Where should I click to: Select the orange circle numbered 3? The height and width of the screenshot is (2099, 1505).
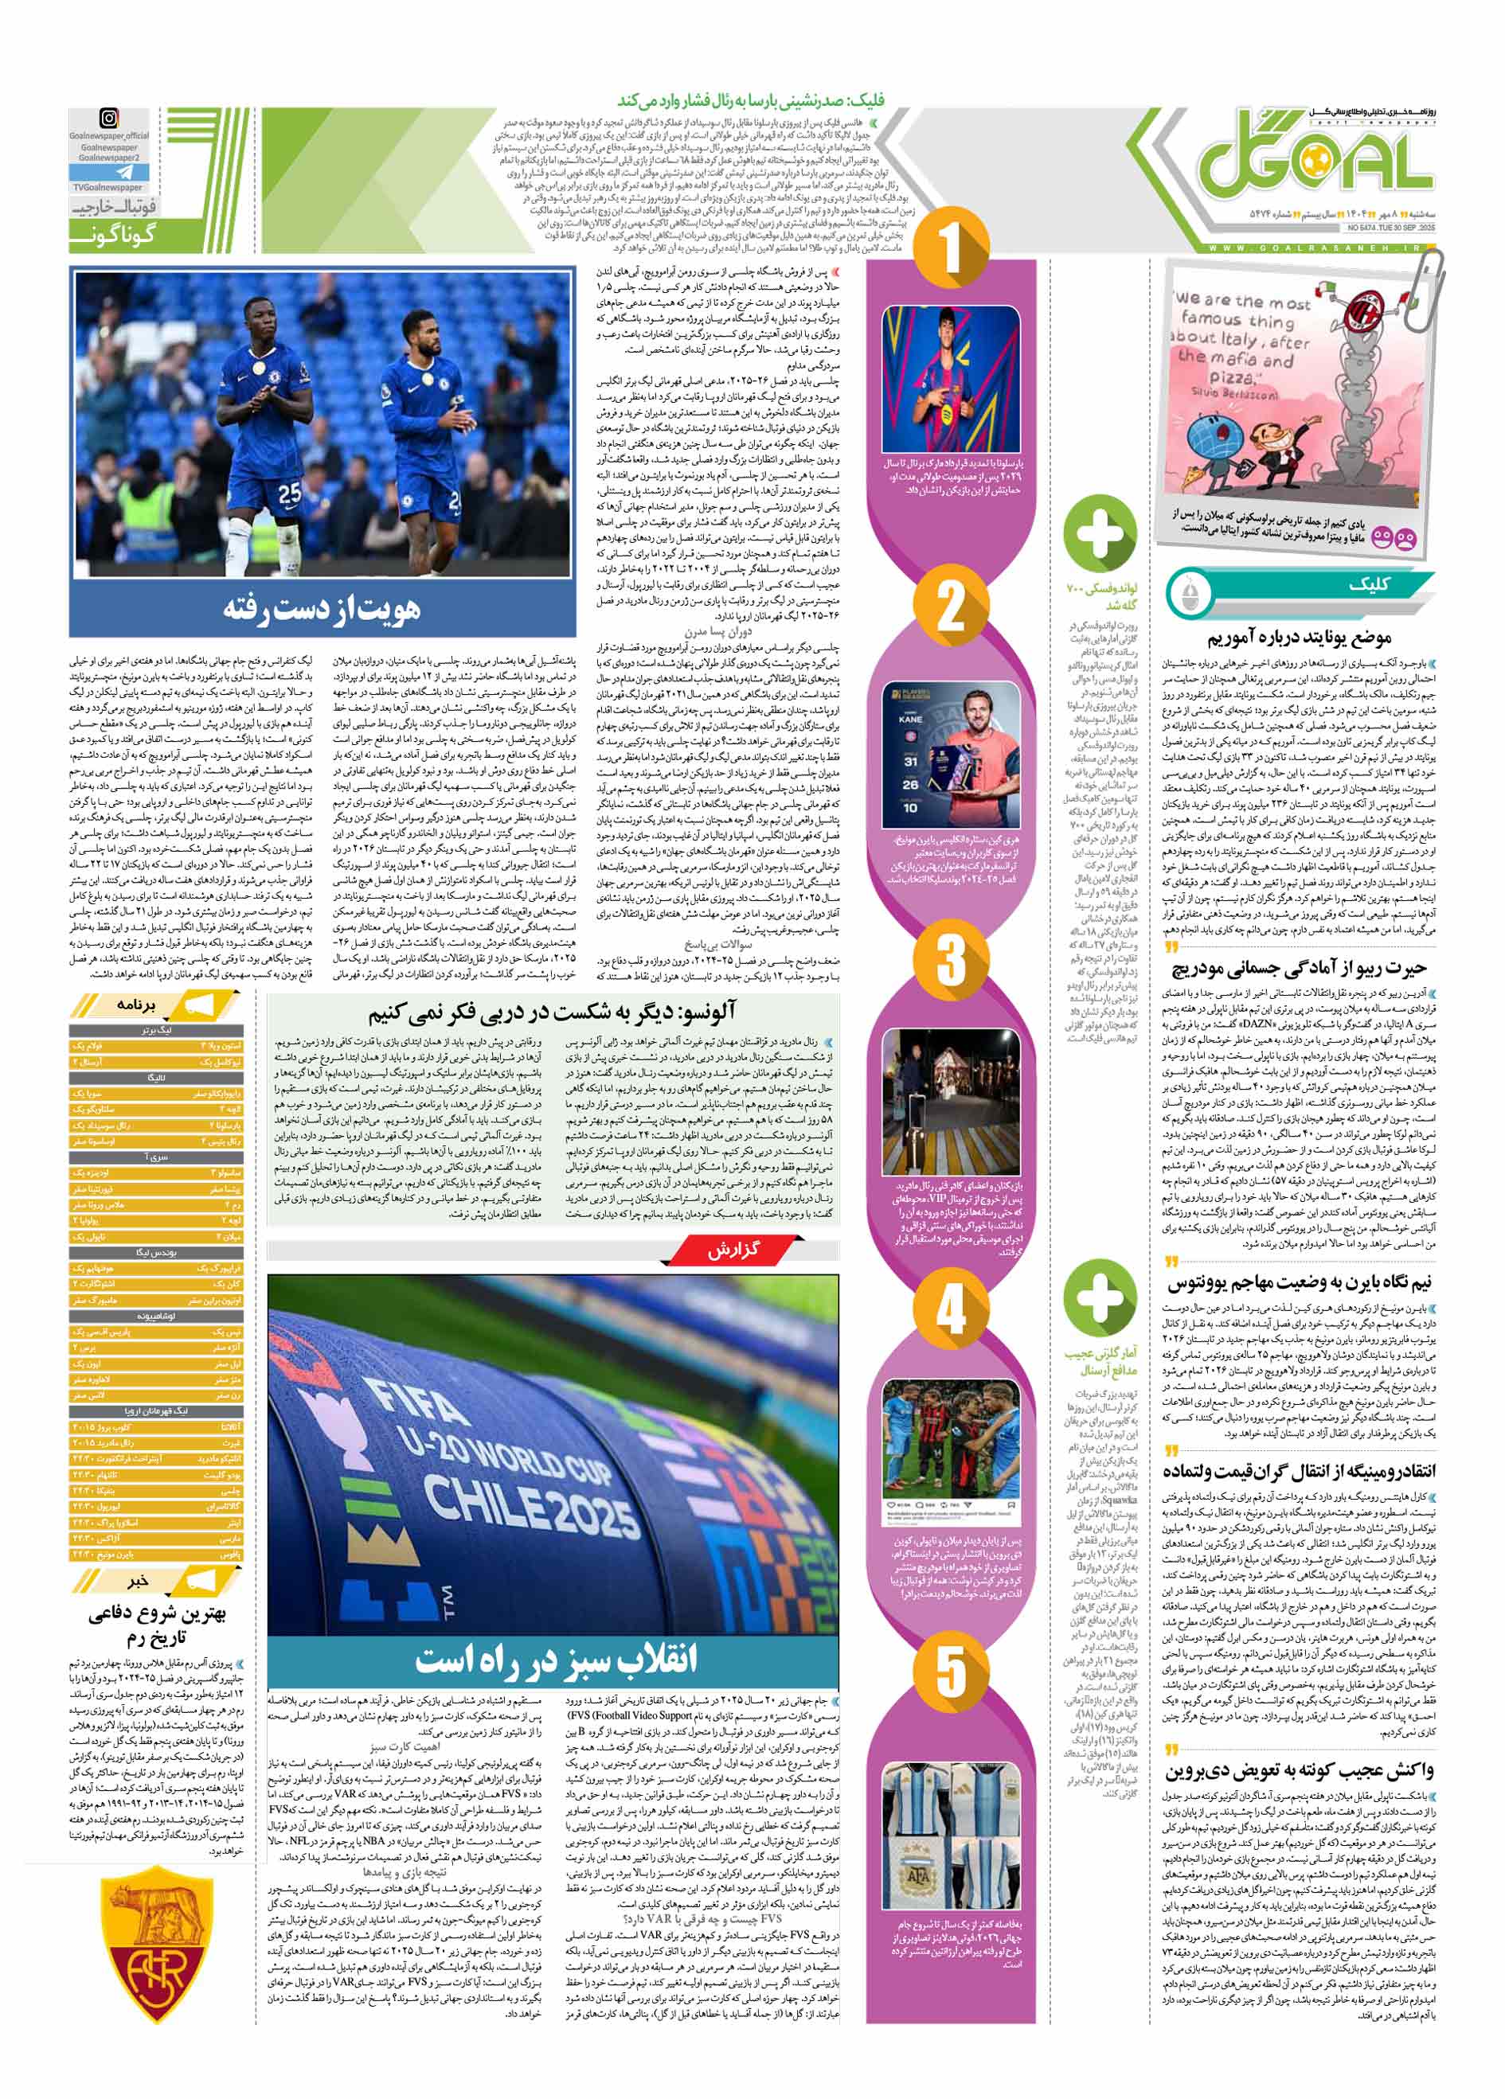(x=951, y=959)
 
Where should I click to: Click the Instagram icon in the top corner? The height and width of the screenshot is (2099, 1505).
(x=108, y=119)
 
